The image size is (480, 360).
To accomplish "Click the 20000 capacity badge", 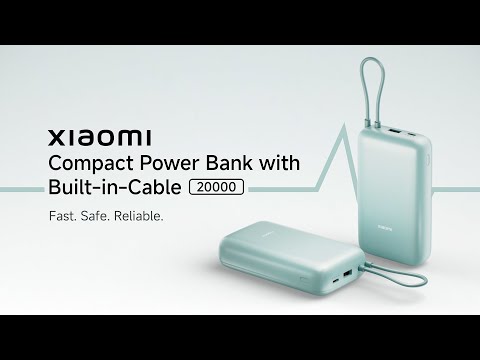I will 217,187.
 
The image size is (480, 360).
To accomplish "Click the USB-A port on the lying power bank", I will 348,275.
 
